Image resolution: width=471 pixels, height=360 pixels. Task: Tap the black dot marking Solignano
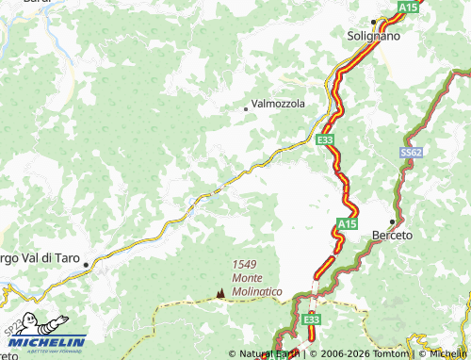point(373,21)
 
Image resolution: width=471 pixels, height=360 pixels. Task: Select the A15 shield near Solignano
point(407,7)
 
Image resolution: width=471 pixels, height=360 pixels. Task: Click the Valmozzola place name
point(278,105)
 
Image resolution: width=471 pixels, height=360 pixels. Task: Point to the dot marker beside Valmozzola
point(246,109)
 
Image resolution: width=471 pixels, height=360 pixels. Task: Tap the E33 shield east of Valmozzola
point(325,139)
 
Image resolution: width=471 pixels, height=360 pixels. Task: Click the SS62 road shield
point(410,152)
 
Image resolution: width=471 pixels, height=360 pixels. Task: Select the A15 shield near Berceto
point(347,224)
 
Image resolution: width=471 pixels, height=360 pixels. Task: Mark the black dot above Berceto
point(392,221)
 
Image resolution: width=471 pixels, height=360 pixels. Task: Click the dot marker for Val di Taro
point(86,265)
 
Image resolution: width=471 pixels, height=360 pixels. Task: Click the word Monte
point(247,279)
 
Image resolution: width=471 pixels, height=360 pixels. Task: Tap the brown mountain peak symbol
point(220,292)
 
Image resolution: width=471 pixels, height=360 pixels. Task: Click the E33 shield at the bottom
point(312,320)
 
